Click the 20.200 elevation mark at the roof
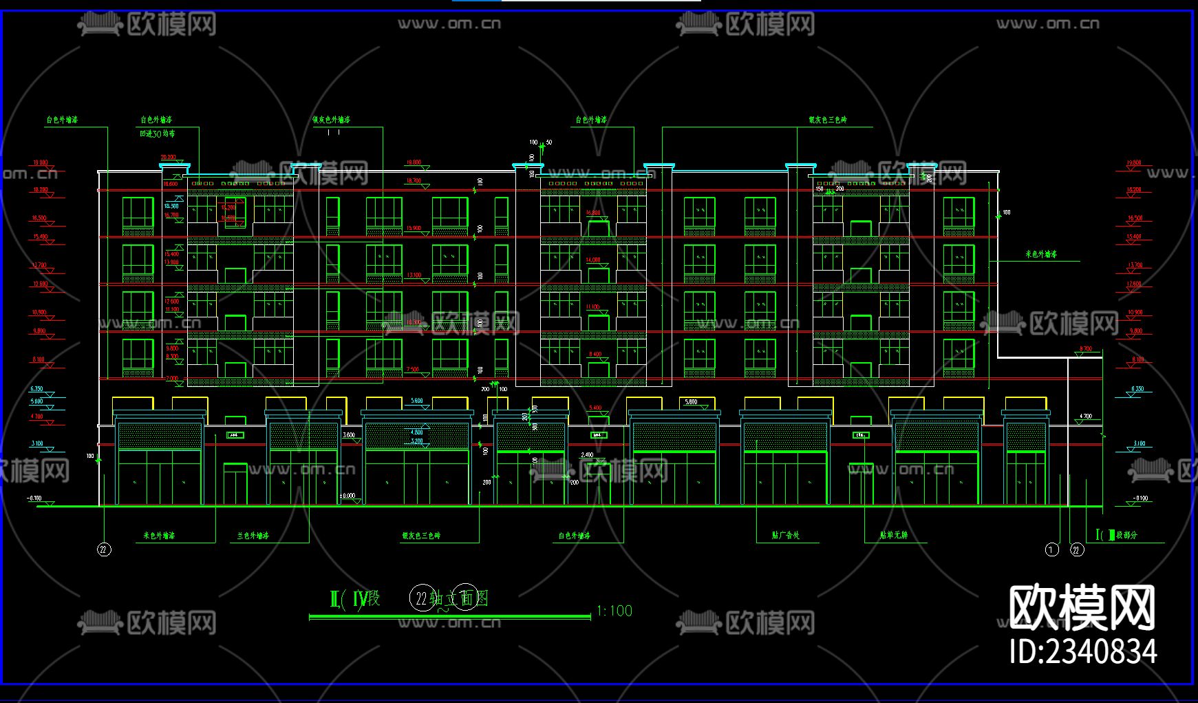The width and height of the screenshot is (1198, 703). tap(169, 157)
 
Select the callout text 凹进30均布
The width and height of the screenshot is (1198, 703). tap(158, 134)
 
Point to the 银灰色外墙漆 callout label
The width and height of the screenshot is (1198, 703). tap(332, 120)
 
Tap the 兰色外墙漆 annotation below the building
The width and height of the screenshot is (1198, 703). tap(253, 535)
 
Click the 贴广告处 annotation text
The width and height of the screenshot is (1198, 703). tap(786, 535)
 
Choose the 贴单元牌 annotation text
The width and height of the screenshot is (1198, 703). tap(894, 535)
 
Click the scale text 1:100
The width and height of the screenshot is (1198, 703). tap(614, 611)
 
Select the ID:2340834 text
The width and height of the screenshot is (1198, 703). tap(1083, 651)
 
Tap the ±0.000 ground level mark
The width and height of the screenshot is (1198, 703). tap(347, 495)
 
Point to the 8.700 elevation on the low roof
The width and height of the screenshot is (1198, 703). tap(1085, 349)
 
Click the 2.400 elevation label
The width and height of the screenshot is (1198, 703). tap(587, 455)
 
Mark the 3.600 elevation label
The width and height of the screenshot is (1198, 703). tap(349, 435)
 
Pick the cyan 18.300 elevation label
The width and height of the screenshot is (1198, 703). tap(171, 206)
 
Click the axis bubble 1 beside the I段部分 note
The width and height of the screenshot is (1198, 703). tap(1051, 549)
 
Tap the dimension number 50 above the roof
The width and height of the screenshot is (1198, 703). tap(548, 143)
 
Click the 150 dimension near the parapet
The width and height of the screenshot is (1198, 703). tap(820, 188)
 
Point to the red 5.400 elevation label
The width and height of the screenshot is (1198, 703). tap(595, 408)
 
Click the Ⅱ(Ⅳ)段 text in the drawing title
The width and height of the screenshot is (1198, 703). tap(355, 598)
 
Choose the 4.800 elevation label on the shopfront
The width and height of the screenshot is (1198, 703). tap(417, 432)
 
